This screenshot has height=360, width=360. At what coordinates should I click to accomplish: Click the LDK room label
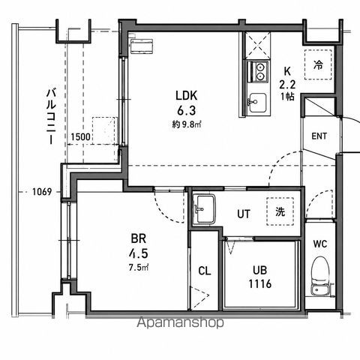pyautogui.click(x=186, y=95)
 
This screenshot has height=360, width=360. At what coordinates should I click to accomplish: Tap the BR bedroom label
pyautogui.click(x=139, y=238)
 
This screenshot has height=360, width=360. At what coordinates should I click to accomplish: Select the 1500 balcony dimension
pyautogui.click(x=80, y=136)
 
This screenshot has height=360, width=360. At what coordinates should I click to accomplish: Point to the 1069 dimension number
pyautogui.click(x=42, y=192)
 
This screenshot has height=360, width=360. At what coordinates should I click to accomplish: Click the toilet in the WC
pyautogui.click(x=321, y=276)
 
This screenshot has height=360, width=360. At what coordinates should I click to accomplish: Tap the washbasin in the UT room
pyautogui.click(x=205, y=209)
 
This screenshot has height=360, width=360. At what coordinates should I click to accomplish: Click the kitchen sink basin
pyautogui.click(x=257, y=103)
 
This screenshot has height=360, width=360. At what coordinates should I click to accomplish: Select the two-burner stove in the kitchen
pyautogui.click(x=258, y=71)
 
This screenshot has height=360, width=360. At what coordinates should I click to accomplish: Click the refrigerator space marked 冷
pyautogui.click(x=318, y=64)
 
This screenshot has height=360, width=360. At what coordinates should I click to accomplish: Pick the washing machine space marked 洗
pyautogui.click(x=280, y=211)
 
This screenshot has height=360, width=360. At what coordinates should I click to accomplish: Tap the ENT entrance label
pyautogui.click(x=319, y=136)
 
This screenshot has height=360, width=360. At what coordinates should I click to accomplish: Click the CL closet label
pyautogui.click(x=205, y=271)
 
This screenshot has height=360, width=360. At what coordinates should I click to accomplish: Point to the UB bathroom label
pyautogui.click(x=259, y=270)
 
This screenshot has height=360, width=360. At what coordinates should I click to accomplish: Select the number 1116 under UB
pyautogui.click(x=259, y=283)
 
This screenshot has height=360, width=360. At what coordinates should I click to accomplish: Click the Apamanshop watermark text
pyautogui.click(x=180, y=322)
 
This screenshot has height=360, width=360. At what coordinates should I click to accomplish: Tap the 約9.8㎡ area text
pyautogui.click(x=187, y=124)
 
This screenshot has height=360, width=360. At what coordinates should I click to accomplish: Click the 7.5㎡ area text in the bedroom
pyautogui.click(x=139, y=268)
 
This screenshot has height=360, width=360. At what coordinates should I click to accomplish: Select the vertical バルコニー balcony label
pyautogui.click(x=51, y=116)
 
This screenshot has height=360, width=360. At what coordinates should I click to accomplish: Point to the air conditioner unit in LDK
pyautogui.click(x=142, y=46)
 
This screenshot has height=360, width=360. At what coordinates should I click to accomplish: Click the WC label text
pyautogui.click(x=320, y=244)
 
